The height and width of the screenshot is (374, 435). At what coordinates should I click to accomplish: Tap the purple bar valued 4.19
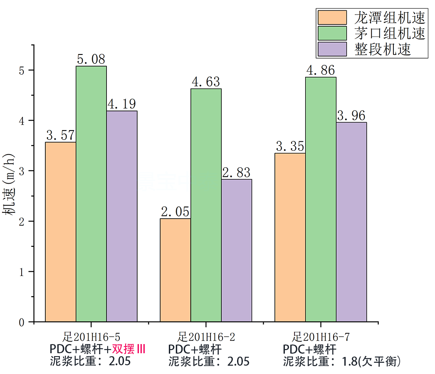coord(122,216)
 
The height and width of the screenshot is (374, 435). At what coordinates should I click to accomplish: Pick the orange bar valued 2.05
coord(175,270)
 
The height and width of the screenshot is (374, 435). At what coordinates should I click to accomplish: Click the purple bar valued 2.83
coord(237,250)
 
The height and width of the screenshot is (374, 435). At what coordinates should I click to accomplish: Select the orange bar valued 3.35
coord(290,237)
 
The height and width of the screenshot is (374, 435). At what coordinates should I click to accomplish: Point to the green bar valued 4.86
coord(321,199)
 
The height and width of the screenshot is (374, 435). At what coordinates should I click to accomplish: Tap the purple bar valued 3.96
coord(351,222)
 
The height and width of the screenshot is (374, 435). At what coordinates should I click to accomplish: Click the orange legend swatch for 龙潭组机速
coord(332,17)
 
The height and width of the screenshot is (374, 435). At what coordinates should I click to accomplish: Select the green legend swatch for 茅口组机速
coord(332,33)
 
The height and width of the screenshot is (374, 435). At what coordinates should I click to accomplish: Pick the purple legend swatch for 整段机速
coord(332,49)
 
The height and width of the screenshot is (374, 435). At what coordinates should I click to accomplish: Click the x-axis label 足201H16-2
coord(206,336)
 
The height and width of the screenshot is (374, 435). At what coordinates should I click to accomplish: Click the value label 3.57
coord(60,135)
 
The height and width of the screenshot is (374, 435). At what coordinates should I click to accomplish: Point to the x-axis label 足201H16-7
coord(321,336)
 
